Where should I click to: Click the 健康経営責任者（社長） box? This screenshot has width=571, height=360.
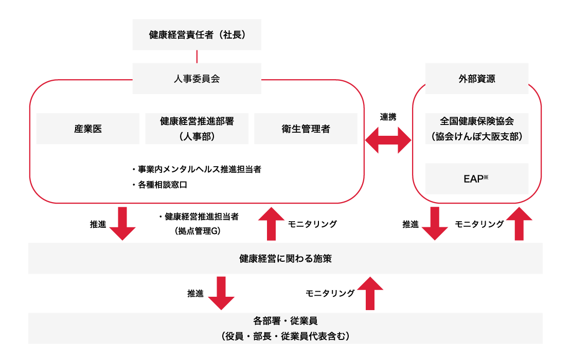[197, 34]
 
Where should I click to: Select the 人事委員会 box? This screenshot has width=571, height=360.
[197, 79]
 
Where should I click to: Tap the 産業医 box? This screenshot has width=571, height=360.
[87, 129]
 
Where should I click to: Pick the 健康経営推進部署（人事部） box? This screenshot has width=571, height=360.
[197, 129]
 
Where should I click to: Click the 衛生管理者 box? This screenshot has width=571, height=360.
[306, 129]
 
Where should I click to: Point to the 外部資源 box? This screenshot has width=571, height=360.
[477, 79]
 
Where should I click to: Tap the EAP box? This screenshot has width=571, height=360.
[477, 178]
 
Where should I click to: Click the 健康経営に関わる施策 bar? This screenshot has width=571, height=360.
[285, 258]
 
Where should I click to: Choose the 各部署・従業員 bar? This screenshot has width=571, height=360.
[285, 328]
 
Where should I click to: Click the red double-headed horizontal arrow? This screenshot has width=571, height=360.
[388, 140]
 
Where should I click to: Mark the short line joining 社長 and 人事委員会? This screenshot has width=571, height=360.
[197, 57]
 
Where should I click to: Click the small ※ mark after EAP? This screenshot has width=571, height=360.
[485, 176]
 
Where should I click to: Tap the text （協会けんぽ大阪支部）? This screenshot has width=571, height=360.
[477, 137]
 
